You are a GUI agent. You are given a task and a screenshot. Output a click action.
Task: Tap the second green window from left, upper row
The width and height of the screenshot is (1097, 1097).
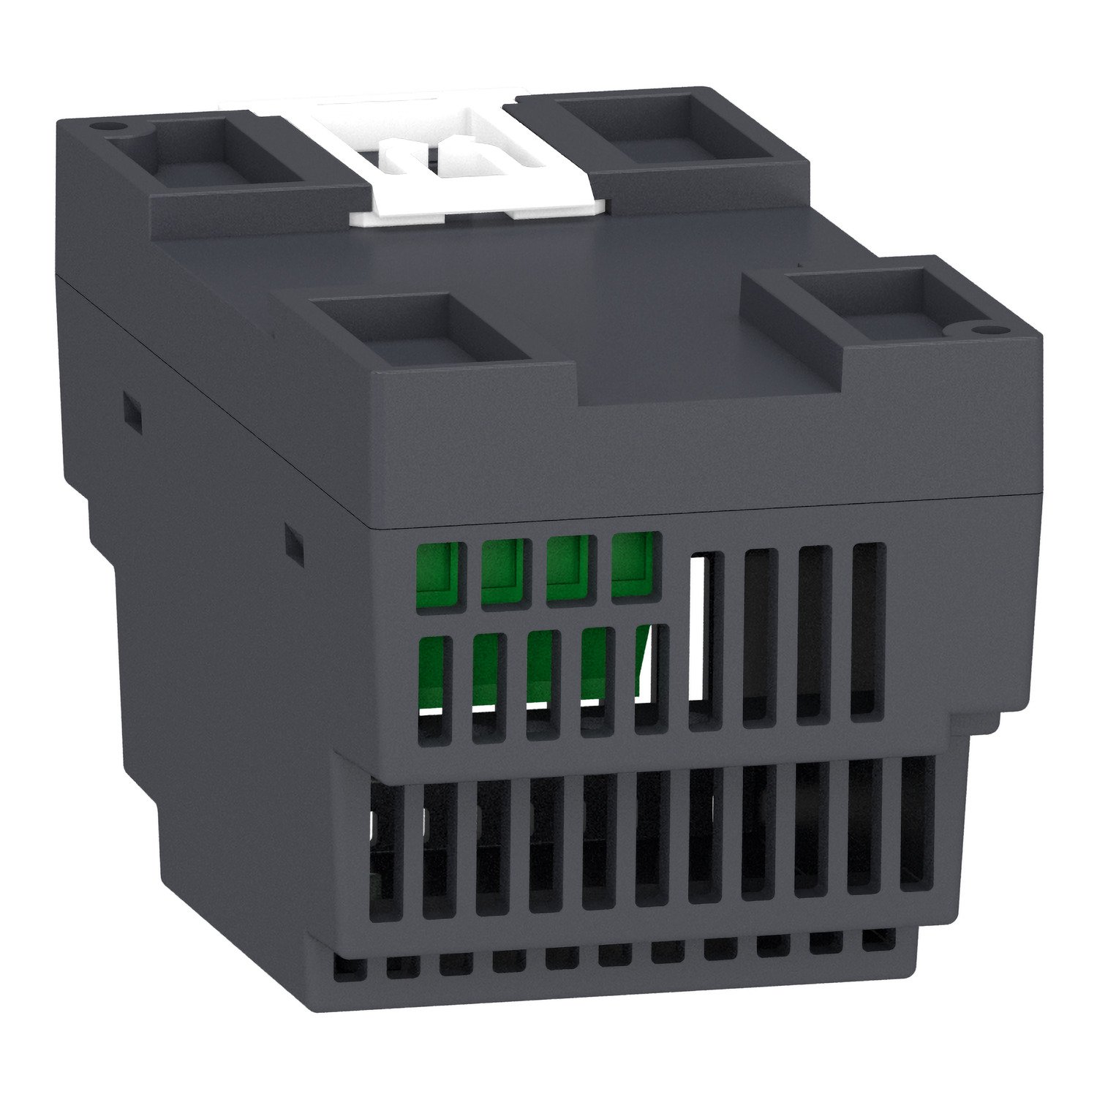(x=502, y=570)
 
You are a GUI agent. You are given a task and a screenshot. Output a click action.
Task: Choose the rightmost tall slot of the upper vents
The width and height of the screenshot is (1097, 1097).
(x=869, y=633)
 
